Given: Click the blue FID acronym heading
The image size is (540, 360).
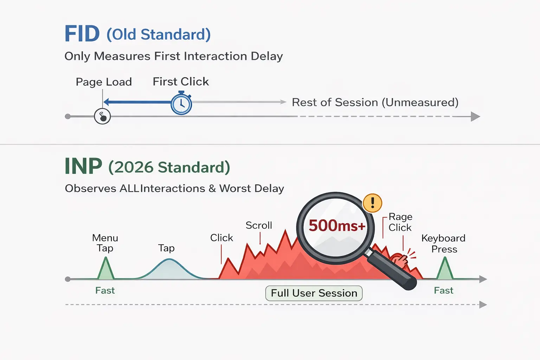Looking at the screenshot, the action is click(82, 34).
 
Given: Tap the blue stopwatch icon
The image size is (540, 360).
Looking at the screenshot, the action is click(181, 103).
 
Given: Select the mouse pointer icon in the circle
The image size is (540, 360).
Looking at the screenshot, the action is click(102, 116).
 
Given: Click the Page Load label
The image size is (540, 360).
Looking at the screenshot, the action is click(104, 82).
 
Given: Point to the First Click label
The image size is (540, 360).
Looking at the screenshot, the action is click(181, 82).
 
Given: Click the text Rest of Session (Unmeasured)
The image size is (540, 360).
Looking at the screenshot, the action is click(375, 102).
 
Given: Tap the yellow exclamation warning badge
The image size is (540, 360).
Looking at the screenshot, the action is click(372, 203).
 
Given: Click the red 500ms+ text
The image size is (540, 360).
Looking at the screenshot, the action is click(337, 226).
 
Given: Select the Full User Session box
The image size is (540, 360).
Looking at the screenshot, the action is click(314, 293).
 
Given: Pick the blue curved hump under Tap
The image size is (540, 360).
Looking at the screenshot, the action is click(170, 269).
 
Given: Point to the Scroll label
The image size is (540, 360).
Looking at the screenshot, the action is click(259, 225).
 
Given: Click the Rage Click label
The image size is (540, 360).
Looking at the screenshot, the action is click(400, 222).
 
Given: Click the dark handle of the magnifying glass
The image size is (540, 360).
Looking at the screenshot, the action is click(392, 270).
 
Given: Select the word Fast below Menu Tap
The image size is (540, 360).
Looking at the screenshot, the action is click(105, 290).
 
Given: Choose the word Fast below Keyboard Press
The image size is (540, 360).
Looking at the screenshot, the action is click(444, 290).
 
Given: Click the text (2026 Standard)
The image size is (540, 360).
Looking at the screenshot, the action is click(169, 167).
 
